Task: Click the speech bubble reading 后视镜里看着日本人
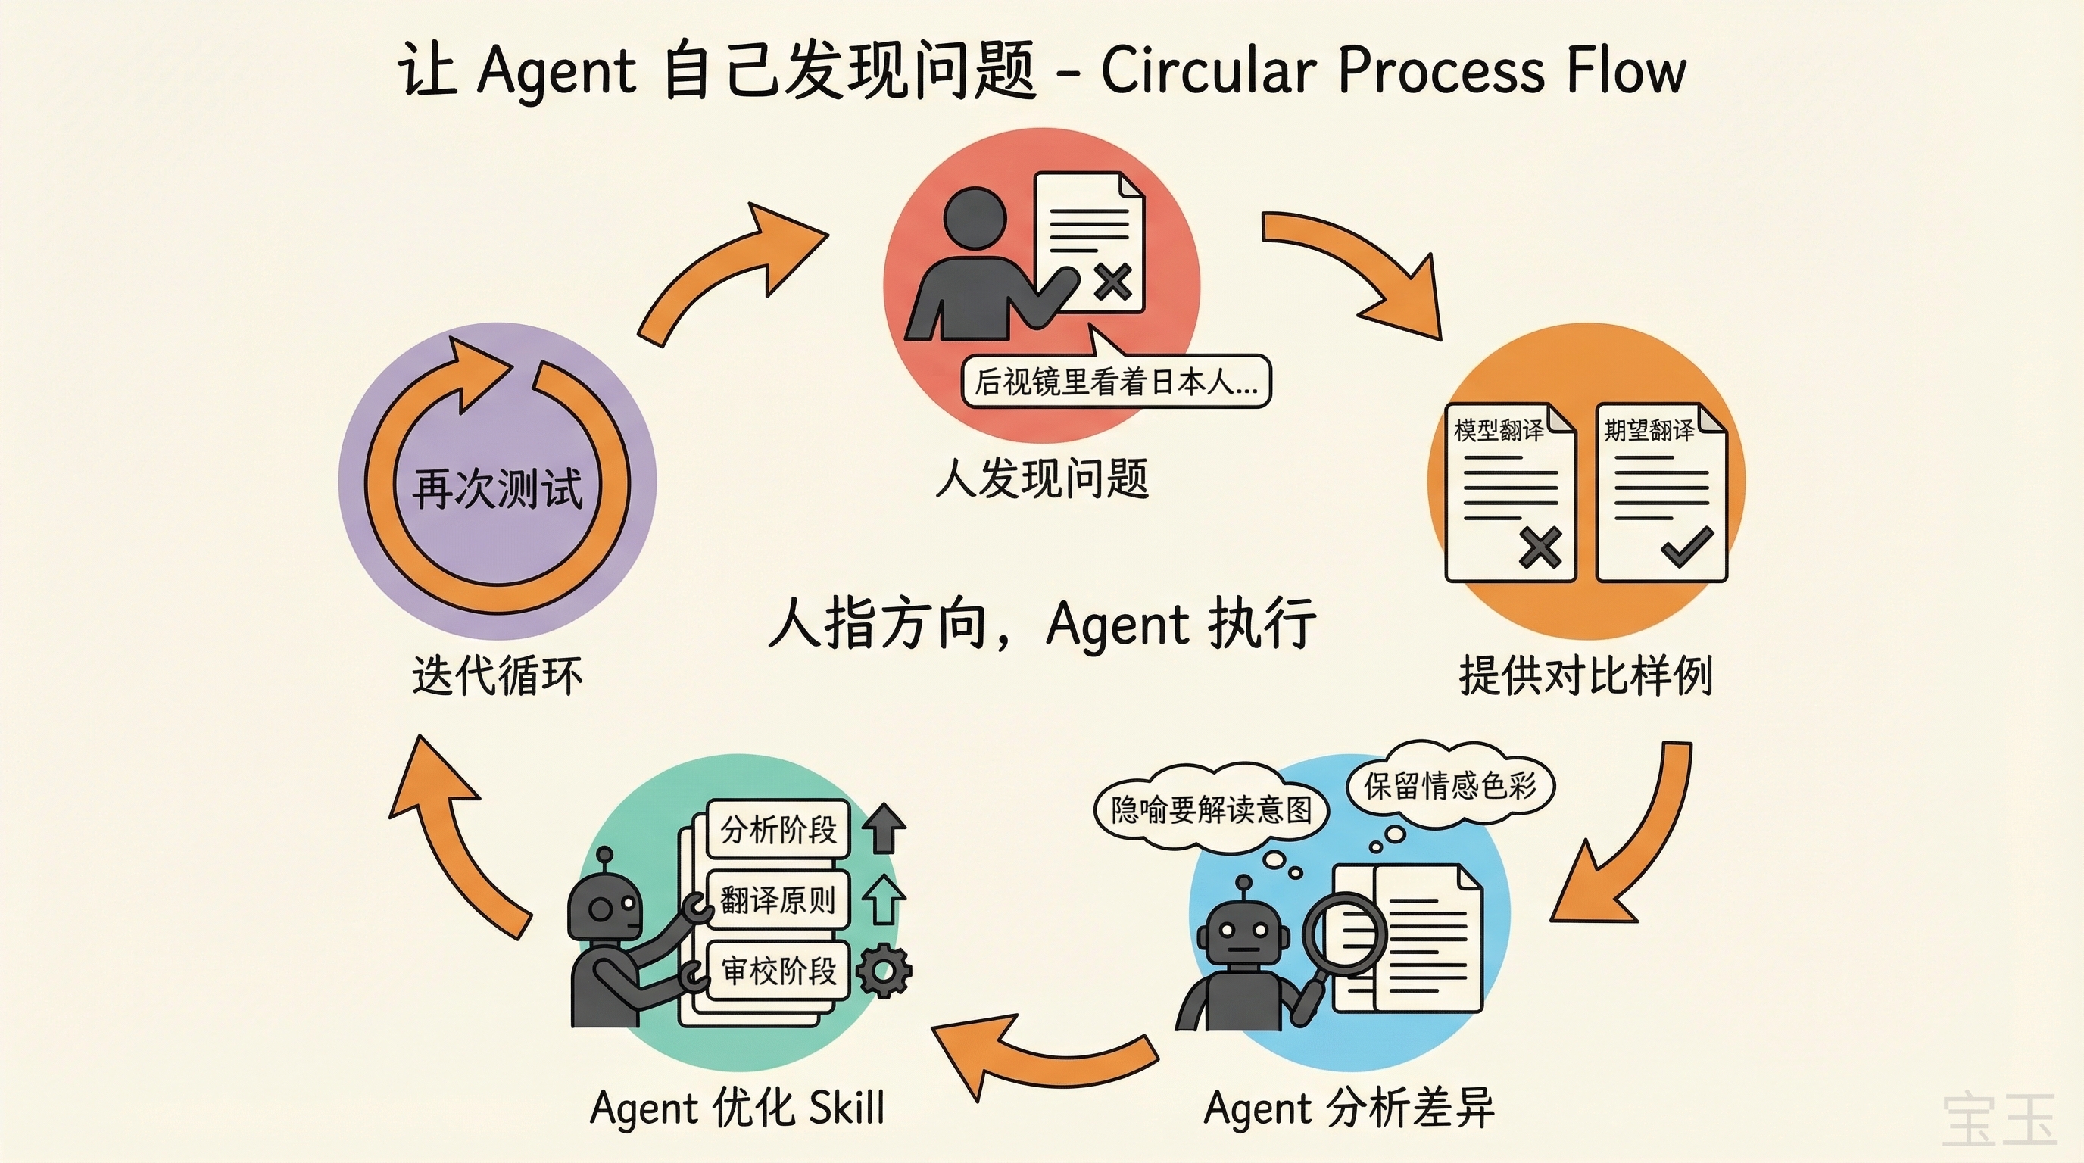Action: [x=1115, y=382]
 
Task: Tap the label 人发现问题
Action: [x=1041, y=479]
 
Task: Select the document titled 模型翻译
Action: [x=1509, y=493]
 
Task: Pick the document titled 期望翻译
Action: [x=1661, y=493]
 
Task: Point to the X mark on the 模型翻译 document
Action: [x=1539, y=547]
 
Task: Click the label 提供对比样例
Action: [x=1586, y=675]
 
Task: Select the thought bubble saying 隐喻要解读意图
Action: [x=1210, y=809]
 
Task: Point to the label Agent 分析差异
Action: [x=1349, y=1108]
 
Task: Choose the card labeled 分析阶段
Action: [x=778, y=829]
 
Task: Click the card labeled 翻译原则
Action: [x=778, y=900]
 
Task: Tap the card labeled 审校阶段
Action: [x=778, y=971]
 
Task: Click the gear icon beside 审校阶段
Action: [x=883, y=970]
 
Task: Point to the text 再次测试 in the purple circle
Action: [x=497, y=488]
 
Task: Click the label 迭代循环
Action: [x=497, y=675]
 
